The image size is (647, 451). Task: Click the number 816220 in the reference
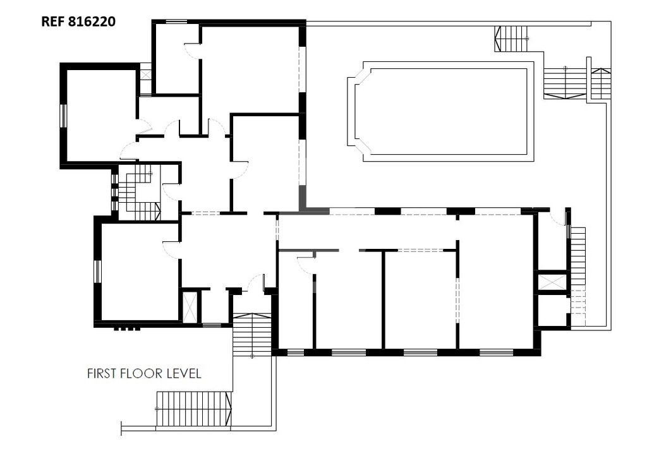[92, 21]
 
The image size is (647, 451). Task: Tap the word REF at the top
[53, 21]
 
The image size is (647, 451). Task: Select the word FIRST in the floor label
[102, 373]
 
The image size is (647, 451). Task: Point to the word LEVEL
[184, 373]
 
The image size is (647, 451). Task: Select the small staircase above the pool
[511, 39]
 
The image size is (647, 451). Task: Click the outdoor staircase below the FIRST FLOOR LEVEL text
[193, 408]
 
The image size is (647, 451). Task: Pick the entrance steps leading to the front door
[251, 335]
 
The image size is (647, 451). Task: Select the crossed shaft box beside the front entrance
[190, 306]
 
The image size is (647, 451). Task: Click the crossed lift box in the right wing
[552, 282]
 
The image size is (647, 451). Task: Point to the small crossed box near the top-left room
[146, 75]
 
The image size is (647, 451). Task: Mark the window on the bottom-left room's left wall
[97, 271]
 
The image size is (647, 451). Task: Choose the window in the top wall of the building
[176, 21]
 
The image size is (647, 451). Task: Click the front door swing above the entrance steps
[255, 282]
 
